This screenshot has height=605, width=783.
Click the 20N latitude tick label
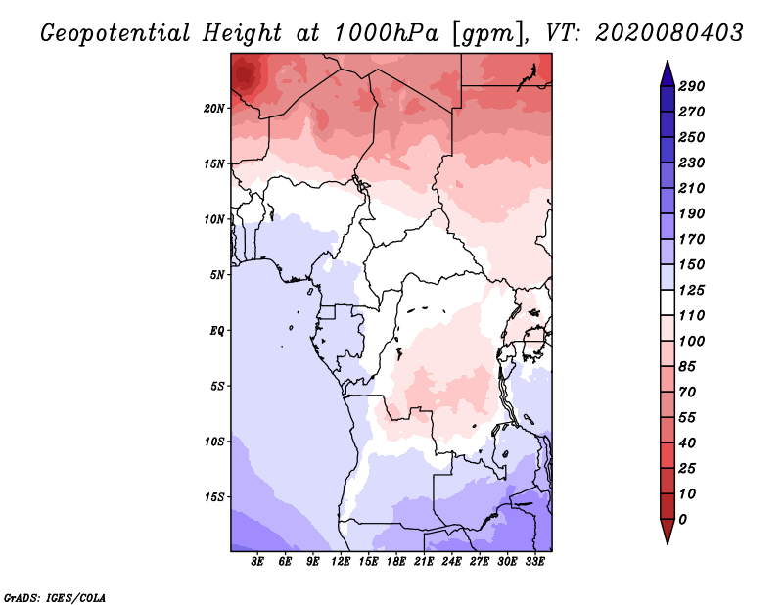click(x=214, y=108)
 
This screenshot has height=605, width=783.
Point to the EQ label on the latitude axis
click(x=217, y=330)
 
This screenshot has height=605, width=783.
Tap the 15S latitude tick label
click(x=214, y=497)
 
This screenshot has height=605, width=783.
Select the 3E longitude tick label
click(x=257, y=561)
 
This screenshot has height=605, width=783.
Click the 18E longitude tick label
click(x=396, y=561)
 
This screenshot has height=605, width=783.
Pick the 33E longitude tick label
click(x=534, y=561)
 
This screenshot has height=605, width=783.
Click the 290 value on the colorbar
click(x=692, y=86)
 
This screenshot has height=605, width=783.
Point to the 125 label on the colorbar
click(x=692, y=290)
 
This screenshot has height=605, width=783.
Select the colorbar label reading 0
click(x=683, y=520)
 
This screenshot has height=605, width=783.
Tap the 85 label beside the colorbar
click(x=687, y=367)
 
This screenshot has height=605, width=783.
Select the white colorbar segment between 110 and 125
click(x=668, y=302)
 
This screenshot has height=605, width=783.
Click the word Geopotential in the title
click(x=115, y=34)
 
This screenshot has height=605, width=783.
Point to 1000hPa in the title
click(x=387, y=33)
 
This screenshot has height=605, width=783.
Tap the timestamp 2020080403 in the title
click(x=669, y=33)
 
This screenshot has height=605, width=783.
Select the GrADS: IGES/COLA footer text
click(x=55, y=598)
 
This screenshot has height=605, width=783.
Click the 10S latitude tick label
click(x=214, y=442)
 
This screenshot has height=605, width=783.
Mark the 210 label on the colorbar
click(x=692, y=188)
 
